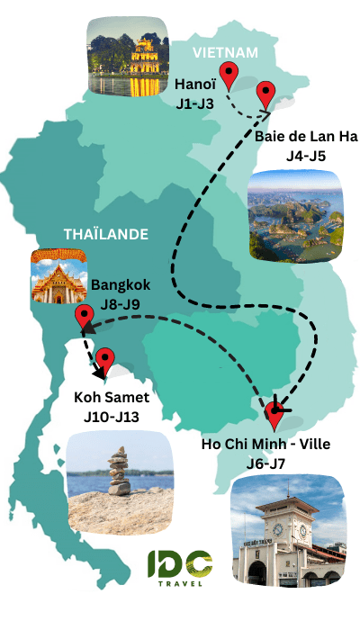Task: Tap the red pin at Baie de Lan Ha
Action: pyautogui.click(x=265, y=94)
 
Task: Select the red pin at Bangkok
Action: pyautogui.click(x=84, y=316)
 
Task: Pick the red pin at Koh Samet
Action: pyautogui.click(x=105, y=360)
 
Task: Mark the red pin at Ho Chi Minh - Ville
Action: pyautogui.click(x=275, y=418)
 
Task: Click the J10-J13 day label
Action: pyautogui.click(x=112, y=415)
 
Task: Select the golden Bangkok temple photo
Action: pyautogui.click(x=61, y=274)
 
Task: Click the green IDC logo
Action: pyautogui.click(x=180, y=564)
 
